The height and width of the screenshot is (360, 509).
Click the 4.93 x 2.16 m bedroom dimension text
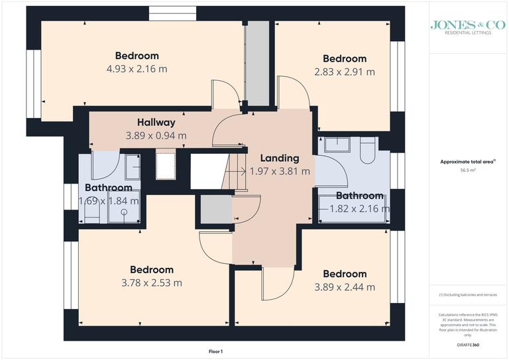[x=137, y=69]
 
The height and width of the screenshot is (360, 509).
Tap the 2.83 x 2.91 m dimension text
[x=345, y=72]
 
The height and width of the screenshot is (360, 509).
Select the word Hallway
[x=156, y=123]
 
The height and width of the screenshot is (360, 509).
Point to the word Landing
[x=279, y=158]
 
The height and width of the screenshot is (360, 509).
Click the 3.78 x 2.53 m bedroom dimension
[x=152, y=283]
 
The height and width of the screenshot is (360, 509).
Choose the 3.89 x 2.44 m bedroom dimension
[x=345, y=287]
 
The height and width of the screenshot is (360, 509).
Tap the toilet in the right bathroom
[x=367, y=152]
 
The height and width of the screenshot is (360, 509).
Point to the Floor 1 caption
[x=216, y=351]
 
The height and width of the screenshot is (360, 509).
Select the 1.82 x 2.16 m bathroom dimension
[x=359, y=209]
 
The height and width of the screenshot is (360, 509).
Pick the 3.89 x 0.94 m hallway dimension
[x=156, y=135]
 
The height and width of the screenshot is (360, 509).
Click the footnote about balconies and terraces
[x=467, y=294]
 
